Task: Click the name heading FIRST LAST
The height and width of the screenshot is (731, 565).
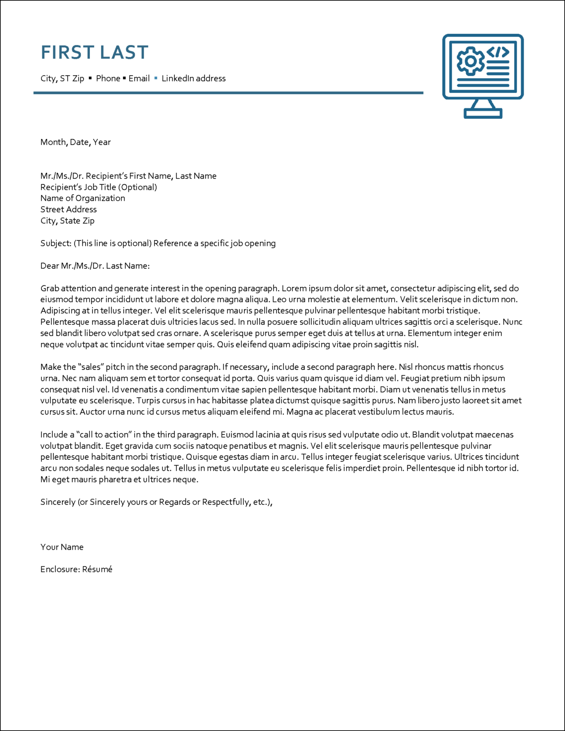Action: click(95, 52)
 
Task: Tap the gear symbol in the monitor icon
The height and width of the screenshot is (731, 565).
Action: click(470, 61)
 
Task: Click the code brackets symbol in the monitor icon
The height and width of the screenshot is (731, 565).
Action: click(498, 52)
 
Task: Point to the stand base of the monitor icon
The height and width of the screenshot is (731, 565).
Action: click(483, 114)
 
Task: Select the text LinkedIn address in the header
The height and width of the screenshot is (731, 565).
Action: click(194, 79)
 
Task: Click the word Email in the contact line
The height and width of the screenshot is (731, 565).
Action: click(139, 79)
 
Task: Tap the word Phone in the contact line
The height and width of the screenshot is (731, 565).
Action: click(108, 79)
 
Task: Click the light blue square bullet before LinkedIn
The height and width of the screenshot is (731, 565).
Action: click(156, 78)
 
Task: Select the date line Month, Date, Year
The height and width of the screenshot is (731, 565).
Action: click(75, 142)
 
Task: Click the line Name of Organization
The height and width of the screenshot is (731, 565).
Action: click(83, 198)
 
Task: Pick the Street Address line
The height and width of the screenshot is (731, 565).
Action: click(68, 210)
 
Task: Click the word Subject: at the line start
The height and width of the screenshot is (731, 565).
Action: click(56, 244)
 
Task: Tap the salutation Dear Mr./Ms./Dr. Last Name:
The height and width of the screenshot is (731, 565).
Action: click(95, 266)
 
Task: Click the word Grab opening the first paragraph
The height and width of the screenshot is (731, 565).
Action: click(50, 289)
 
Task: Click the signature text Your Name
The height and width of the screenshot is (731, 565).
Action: click(62, 547)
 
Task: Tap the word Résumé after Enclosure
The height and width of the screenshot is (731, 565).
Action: click(97, 569)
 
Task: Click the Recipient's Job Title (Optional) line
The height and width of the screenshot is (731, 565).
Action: click(99, 187)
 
